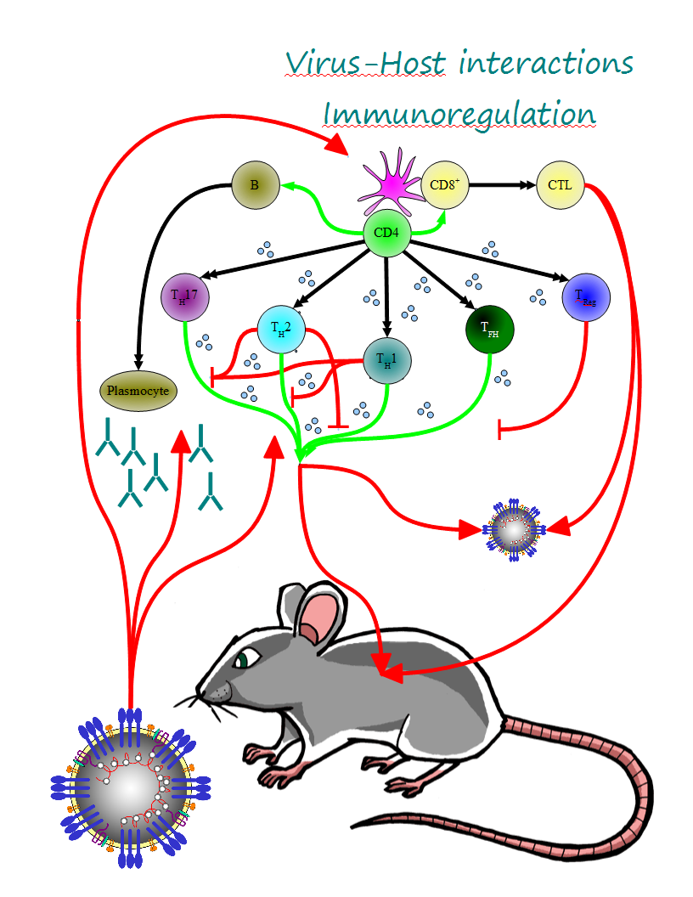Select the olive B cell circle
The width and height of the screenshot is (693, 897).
pos(256,183)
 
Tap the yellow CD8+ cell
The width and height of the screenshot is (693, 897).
pos(445,184)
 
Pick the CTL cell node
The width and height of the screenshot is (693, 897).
pos(561,184)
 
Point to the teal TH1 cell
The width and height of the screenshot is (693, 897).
pos(387,359)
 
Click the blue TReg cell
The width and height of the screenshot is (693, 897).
pos(586,297)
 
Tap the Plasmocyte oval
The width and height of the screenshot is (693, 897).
pos(137,392)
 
